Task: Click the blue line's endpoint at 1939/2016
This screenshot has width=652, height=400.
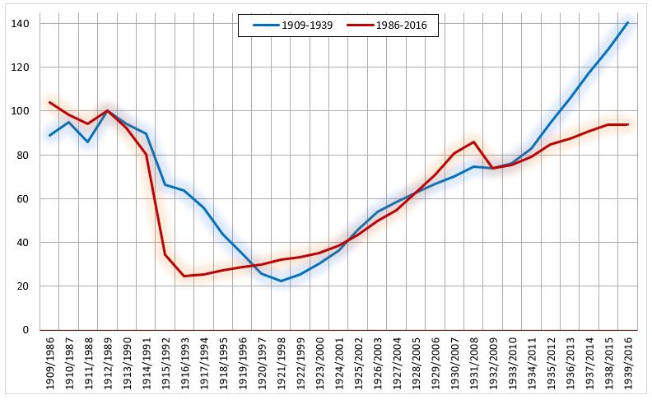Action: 628,22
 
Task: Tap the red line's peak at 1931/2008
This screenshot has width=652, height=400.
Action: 474,142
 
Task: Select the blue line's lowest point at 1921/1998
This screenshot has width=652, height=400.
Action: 282,281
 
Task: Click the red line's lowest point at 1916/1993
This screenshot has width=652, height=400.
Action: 185,276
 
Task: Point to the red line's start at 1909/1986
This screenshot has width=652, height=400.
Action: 50,103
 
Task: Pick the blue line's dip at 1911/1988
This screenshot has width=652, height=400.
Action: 88,142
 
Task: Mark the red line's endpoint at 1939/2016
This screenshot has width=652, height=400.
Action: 628,124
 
